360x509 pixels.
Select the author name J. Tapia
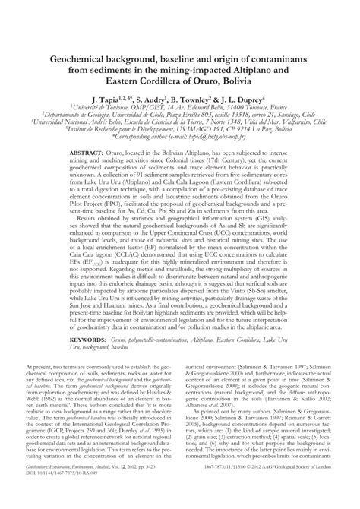(x=106, y=99)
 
